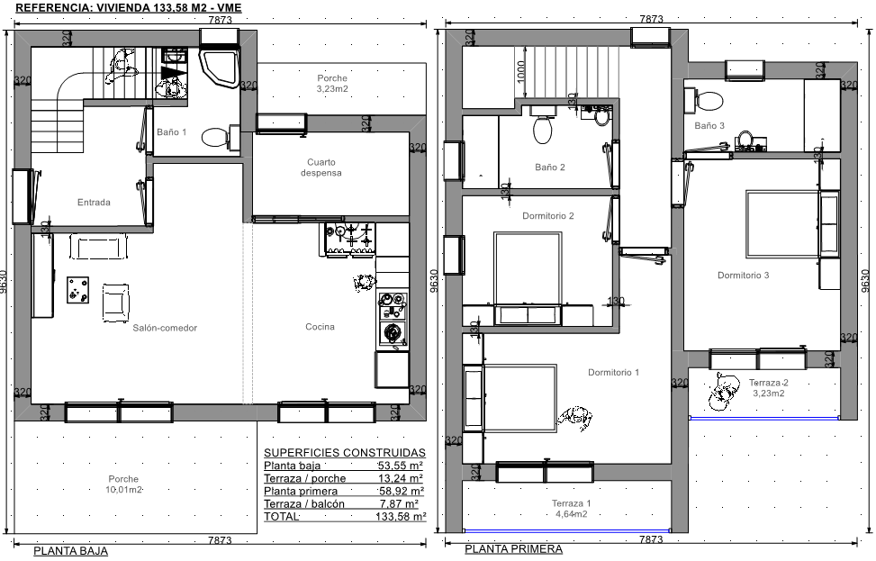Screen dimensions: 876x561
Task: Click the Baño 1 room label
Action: (172, 132)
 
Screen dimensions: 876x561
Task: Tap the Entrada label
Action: (94, 203)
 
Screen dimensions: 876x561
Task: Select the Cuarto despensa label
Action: (321, 167)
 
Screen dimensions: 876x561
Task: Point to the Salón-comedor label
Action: (165, 328)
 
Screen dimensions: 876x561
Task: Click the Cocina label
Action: (321, 327)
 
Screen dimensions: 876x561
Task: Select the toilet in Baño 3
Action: (706, 101)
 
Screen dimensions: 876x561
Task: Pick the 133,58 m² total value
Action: (401, 517)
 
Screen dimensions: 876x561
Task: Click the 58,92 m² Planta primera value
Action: (401, 491)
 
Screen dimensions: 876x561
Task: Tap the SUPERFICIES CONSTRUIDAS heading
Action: (345, 453)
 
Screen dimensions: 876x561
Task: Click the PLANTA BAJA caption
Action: (70, 551)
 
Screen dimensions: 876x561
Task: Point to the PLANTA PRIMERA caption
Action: (513, 549)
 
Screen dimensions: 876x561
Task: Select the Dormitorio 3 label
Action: (743, 275)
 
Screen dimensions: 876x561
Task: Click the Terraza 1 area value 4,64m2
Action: (571, 514)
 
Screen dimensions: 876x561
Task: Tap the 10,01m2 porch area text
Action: (123, 490)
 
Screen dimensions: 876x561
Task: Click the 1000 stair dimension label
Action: (520, 71)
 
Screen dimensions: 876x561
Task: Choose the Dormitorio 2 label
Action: (548, 216)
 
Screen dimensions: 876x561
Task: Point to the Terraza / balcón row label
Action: (304, 504)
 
